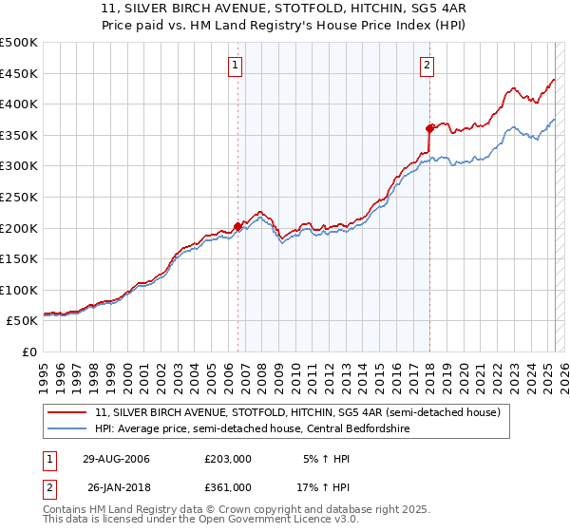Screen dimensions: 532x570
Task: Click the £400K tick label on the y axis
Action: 19,104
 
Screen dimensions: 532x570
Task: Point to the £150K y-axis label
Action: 19,258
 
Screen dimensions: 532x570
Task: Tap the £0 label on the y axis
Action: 30,351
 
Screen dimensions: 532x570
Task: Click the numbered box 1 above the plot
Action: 235,66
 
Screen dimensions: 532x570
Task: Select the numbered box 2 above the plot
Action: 427,66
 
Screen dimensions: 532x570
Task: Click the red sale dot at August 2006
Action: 238,226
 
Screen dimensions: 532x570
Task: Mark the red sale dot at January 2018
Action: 429,127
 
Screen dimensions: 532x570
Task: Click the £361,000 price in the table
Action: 228,487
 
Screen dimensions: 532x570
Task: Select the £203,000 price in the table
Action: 228,459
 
